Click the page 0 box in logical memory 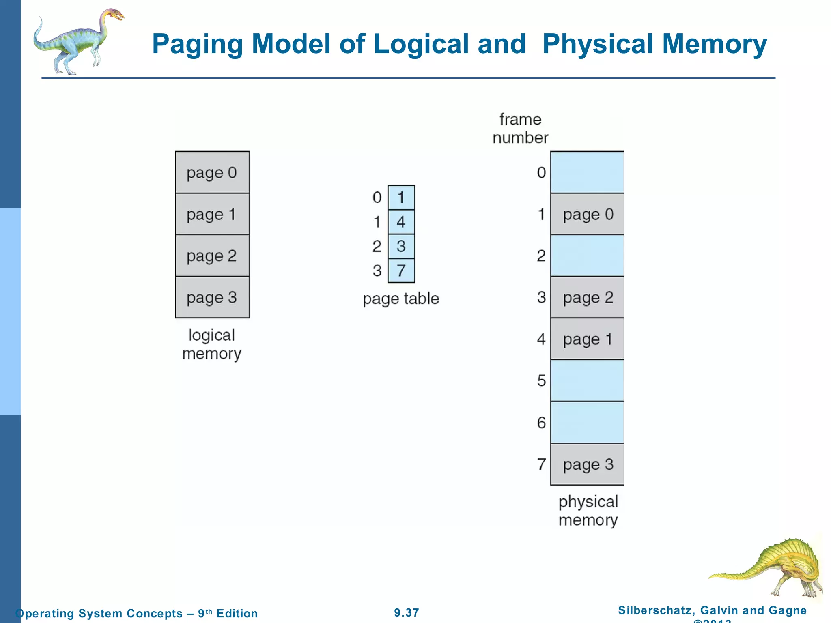[x=212, y=172]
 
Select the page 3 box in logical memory [x=212, y=297]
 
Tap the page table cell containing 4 [x=401, y=222]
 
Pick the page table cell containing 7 [x=401, y=271]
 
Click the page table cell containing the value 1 [x=401, y=198]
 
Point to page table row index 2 [x=377, y=246]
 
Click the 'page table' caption [x=401, y=299]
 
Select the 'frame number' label [x=520, y=129]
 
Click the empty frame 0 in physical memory [x=587, y=172]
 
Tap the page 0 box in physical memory [x=587, y=214]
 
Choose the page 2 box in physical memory [x=587, y=297]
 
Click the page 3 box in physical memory [x=587, y=464]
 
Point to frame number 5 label [x=541, y=380]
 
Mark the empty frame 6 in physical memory [x=587, y=422]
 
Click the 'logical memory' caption [x=212, y=344]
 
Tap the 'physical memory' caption [x=588, y=511]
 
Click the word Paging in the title [x=197, y=44]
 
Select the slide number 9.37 [x=407, y=612]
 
